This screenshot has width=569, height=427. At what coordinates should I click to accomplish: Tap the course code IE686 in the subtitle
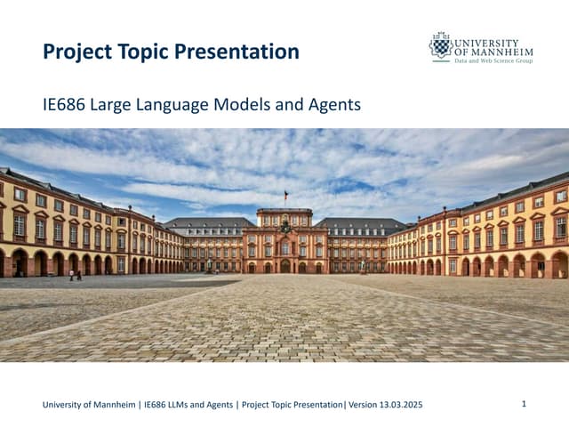(65, 105)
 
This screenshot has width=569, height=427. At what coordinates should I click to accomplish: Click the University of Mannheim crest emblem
(440, 45)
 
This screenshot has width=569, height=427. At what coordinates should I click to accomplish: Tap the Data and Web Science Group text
(495, 62)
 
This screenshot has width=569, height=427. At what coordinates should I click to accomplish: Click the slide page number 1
(525, 404)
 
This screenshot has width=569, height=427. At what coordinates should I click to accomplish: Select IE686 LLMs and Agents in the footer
(188, 406)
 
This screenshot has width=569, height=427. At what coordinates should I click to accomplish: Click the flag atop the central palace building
(285, 196)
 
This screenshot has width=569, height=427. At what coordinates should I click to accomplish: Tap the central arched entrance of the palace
(284, 266)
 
